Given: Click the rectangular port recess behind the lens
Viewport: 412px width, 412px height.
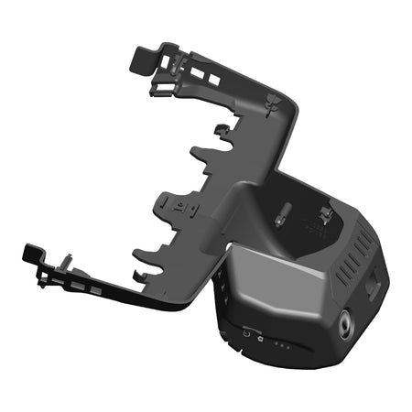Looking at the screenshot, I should tap(373, 287).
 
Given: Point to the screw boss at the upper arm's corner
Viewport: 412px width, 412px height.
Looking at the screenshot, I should tap(272, 103).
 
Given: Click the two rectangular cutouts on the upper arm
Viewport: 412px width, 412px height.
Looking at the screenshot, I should tap(208, 81).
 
